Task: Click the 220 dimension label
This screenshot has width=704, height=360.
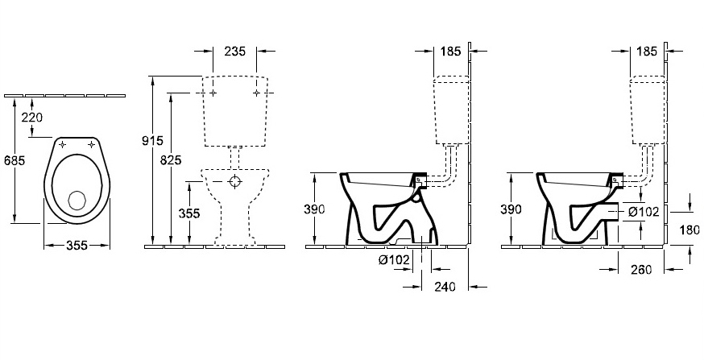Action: coord(32,117)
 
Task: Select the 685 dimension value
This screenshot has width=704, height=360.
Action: coord(14,159)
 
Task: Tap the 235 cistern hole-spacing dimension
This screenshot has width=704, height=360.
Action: coord(235,52)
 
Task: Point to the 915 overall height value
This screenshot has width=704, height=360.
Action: coord(152,140)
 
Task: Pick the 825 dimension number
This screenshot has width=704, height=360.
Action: coord(171,159)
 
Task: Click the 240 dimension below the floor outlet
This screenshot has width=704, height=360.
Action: coord(445,287)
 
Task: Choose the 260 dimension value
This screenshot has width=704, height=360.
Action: coord(640,269)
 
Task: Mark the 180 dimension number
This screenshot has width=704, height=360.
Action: coord(690,230)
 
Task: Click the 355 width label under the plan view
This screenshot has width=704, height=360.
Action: coord(77,245)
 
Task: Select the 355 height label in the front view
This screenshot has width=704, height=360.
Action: coord(189,213)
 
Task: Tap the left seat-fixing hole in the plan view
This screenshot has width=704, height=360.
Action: coord(62,144)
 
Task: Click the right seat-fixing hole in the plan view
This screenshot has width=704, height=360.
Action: coord(92,144)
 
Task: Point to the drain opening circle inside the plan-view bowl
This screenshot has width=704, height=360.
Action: coord(77,201)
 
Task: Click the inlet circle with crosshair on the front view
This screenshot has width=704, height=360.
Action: coord(235,181)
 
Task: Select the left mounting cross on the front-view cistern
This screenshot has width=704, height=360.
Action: coord(213,93)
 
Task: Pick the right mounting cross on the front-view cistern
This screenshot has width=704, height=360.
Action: coord(256,93)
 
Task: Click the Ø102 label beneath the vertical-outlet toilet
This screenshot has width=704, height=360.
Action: coord(394,259)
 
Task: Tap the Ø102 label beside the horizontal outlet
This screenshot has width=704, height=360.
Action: coord(643,212)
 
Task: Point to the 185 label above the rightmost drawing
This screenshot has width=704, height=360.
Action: coord(647,52)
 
